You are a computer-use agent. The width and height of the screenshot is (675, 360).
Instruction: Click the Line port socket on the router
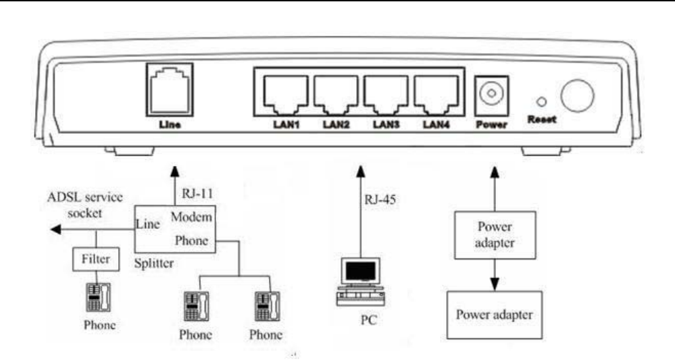pos(169,88)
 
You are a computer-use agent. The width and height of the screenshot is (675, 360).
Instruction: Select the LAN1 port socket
pos(283,95)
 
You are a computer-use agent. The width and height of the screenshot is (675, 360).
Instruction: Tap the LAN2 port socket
pos(334,95)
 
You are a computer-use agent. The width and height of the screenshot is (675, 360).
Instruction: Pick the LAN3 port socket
pos(385,95)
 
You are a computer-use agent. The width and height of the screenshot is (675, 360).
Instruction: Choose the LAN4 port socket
pos(435,95)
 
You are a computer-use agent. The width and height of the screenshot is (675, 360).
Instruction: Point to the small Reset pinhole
pos(541,102)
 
